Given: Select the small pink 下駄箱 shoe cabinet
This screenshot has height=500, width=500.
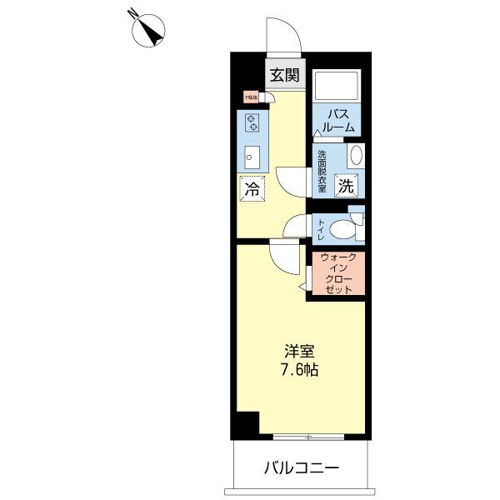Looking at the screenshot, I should pyautogui.click(x=251, y=97).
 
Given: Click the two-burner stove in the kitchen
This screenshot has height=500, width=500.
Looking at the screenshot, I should pyautogui.click(x=251, y=123).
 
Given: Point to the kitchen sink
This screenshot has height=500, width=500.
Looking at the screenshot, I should pyautogui.click(x=251, y=156).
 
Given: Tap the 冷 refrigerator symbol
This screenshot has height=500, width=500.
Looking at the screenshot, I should pyautogui.click(x=252, y=188).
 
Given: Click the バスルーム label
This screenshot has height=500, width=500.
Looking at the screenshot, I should pyautogui.click(x=338, y=121).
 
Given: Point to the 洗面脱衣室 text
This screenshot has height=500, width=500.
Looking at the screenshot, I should pyautogui.click(x=322, y=168).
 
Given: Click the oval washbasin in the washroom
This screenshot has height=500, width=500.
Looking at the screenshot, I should pyautogui.click(x=355, y=157).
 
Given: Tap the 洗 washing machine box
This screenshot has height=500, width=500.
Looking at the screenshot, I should pyautogui.click(x=346, y=187).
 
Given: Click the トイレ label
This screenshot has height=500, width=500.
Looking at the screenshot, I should pyautogui.click(x=321, y=227).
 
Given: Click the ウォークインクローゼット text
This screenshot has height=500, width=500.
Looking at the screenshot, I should pyautogui.click(x=338, y=272).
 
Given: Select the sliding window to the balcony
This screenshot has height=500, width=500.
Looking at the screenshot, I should pyautogui.click(x=308, y=436).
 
